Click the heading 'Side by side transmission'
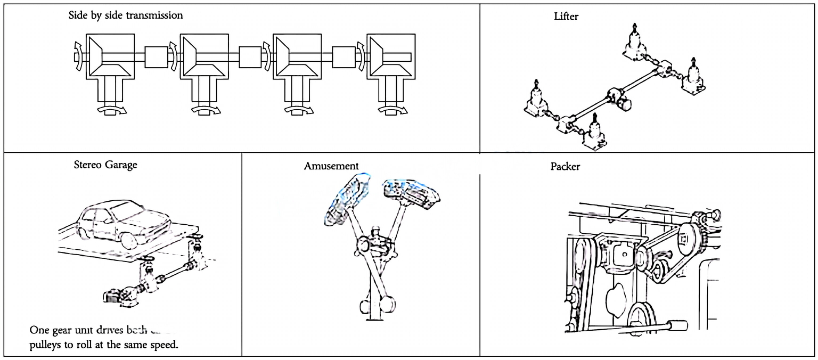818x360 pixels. (x=126, y=15)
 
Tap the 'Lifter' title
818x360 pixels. (x=566, y=17)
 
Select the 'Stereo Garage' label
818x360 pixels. (x=105, y=165)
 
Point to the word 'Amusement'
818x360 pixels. (x=331, y=166)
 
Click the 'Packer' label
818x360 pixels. (x=565, y=167)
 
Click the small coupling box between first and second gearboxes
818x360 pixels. (x=156, y=57)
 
